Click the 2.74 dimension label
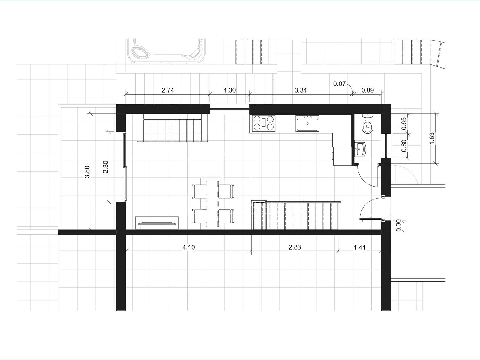coord(168,90)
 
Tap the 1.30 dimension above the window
coord(230,90)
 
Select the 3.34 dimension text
coord(301,90)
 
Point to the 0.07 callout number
coord(339,84)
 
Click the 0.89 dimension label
coord(367,90)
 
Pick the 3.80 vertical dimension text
coord(87,172)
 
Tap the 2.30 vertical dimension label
coord(106,167)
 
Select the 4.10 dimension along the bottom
coord(188,247)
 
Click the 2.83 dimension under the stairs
coord(295,247)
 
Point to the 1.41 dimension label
coord(360,247)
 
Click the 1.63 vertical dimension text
coord(432,138)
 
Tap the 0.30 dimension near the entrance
coord(399,225)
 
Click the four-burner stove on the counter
coord(264,123)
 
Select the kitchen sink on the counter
coord(307,123)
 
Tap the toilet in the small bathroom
coord(367,123)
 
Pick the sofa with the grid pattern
coord(172,128)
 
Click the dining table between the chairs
coord(212,203)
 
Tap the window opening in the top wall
coord(229,109)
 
